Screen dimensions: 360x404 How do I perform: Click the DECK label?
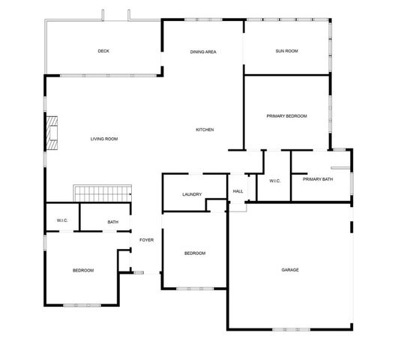coord(103,51)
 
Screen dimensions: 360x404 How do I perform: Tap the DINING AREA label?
coord(203,52)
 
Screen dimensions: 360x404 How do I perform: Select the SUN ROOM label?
coord(286,51)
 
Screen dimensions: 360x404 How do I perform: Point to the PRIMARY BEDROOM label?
coord(287,116)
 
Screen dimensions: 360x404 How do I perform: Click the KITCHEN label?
coord(205,130)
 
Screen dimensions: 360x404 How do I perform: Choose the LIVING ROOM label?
coord(104,139)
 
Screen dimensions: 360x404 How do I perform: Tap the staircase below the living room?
coord(102,193)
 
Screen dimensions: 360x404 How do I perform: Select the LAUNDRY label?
coord(192,195)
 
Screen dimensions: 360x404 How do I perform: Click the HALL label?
coord(238,192)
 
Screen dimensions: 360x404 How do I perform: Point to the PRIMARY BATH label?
coord(318,179)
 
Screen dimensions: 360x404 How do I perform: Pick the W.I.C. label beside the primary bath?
coord(274,180)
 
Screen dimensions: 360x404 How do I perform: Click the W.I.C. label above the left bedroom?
coord(63,220)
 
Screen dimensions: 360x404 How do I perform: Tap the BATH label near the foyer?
coord(112,222)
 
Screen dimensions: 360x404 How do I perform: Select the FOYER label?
coord(146,240)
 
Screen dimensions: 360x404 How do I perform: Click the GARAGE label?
coord(290,270)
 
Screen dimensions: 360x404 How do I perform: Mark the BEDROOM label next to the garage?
coord(195,253)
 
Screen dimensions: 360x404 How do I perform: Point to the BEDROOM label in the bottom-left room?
coord(82,270)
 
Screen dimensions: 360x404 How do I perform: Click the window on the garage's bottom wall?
coord(290,329)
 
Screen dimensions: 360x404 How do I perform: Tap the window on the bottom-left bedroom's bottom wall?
coord(80,304)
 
